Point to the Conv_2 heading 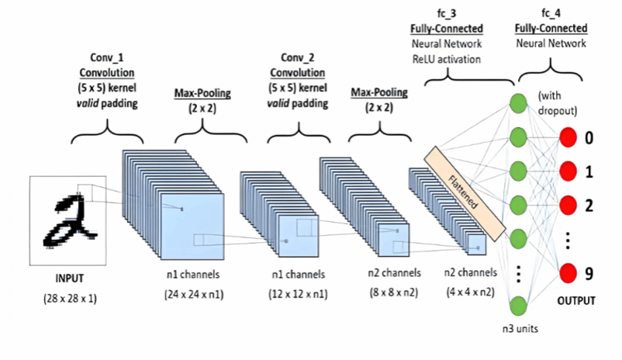299,57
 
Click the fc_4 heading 551,16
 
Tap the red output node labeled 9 568,273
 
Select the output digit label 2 589,206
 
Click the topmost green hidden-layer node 518,103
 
